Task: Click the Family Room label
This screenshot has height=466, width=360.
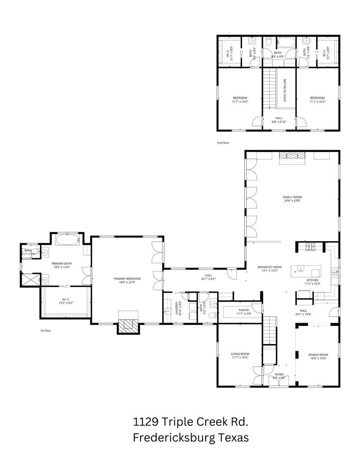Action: [292, 197]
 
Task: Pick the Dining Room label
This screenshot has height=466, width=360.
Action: [318, 355]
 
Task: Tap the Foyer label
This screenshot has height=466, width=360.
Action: [279, 375]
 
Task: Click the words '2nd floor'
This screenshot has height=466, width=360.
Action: [223, 143]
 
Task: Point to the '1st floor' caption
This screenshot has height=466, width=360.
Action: [45, 331]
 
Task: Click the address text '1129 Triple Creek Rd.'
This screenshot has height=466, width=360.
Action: [191, 422]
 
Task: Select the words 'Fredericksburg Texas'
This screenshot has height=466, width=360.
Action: [191, 438]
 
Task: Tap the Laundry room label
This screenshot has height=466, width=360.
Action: [177, 308]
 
